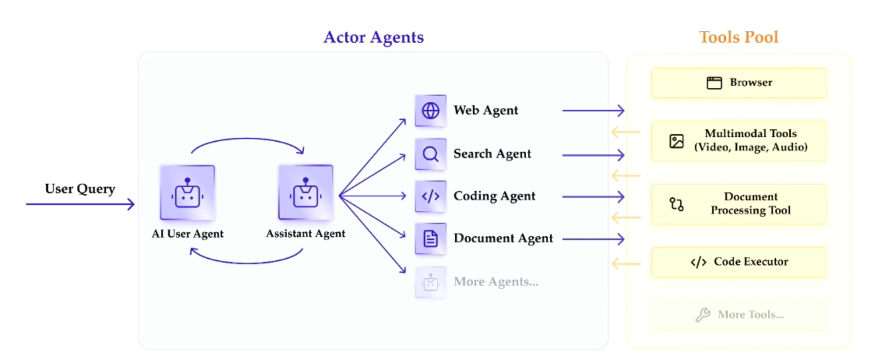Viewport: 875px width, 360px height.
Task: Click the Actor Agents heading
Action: pos(373,37)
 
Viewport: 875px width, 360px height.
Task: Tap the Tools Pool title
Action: pos(738,37)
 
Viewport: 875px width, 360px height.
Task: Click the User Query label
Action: pos(80,189)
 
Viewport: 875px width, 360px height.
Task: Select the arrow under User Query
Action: pos(80,204)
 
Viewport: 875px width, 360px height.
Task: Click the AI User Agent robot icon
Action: pos(187,193)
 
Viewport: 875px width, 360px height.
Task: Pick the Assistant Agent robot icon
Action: pos(305,193)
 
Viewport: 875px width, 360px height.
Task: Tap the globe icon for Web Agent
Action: pos(430,111)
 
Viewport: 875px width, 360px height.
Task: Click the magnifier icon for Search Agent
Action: pos(430,154)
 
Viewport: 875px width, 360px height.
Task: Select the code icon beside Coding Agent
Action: pos(430,196)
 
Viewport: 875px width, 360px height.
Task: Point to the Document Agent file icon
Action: pos(430,238)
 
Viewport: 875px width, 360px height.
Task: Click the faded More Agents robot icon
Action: pos(430,282)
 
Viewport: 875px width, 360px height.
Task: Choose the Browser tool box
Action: pos(739,83)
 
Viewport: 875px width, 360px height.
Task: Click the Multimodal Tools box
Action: pos(739,141)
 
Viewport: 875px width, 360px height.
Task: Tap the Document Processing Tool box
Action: pos(739,204)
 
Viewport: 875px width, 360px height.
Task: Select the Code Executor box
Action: pos(739,262)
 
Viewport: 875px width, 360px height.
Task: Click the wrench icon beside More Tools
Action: pos(703,314)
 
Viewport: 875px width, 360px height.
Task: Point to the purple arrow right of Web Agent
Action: pos(593,111)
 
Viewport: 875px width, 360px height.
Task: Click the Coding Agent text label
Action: pos(494,196)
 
